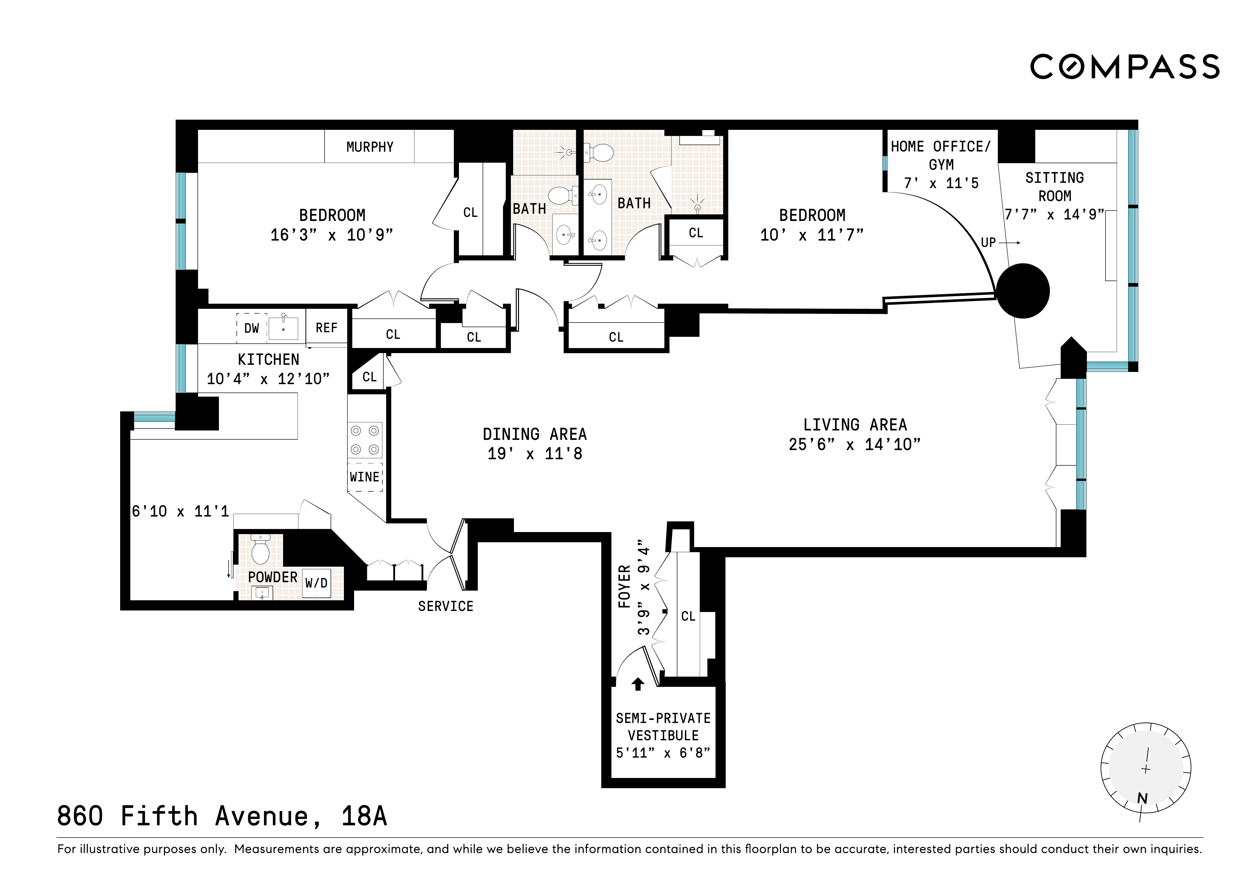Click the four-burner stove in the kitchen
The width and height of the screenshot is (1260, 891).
[x=365, y=440]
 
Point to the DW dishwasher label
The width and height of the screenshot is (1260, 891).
[x=251, y=328]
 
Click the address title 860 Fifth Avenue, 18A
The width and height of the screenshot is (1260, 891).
[x=222, y=816]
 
